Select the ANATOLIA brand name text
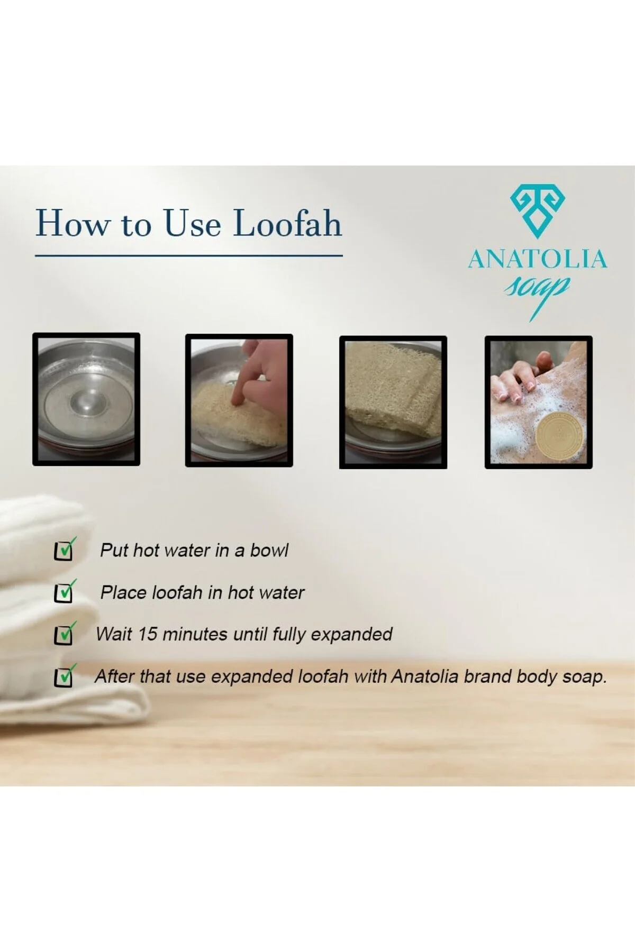click(537, 259)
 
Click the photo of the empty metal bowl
click(86, 399)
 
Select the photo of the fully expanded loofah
click(393, 402)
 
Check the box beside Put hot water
click(64, 550)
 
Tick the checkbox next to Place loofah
click(64, 592)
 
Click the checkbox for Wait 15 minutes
click(64, 634)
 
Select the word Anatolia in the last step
click(424, 676)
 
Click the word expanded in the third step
click(351, 635)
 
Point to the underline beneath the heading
click(189, 255)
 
